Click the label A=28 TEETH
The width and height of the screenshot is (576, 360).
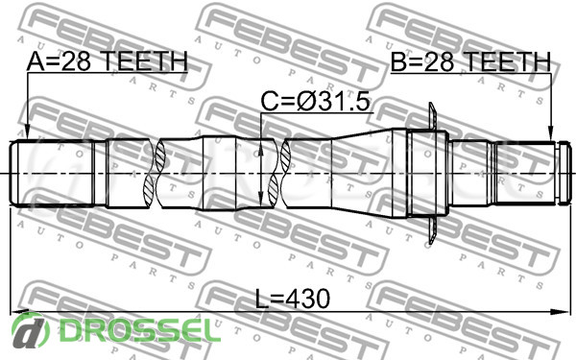coord(108,61)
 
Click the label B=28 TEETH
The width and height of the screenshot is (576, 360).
coord(470,61)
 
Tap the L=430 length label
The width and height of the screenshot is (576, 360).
coord(293,298)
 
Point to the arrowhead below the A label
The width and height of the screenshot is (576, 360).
coord(27,133)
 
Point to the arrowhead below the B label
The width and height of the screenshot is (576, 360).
coord(550,133)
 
